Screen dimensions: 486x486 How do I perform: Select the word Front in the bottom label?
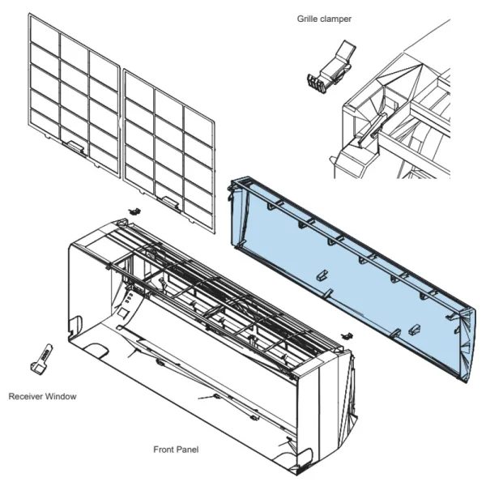pyautogui.click(x=164, y=448)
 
